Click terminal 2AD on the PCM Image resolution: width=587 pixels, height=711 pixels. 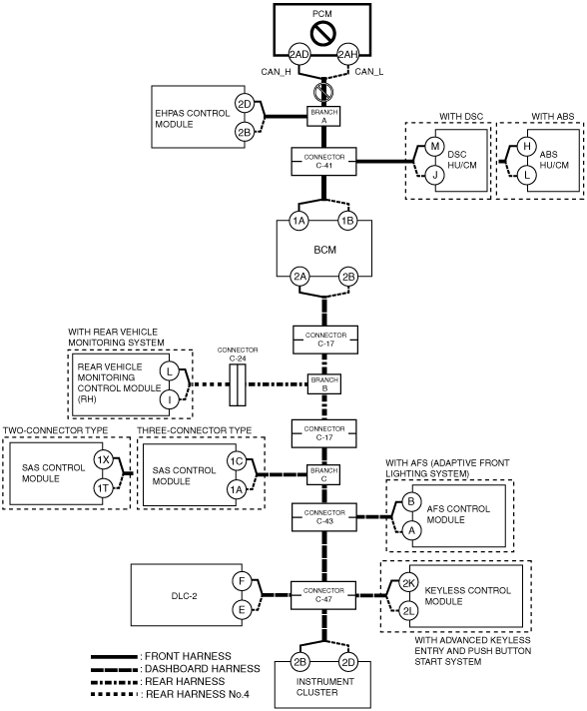pyautogui.click(x=299, y=55)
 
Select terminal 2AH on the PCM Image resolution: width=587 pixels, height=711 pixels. pyautogui.click(x=347, y=55)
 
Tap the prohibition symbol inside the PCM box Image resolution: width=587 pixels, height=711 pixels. pyautogui.click(x=322, y=33)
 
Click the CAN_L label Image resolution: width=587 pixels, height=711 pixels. pyautogui.click(x=369, y=72)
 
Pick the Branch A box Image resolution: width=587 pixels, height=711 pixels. pyautogui.click(x=324, y=116)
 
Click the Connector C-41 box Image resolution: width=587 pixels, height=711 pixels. pyautogui.click(x=323, y=161)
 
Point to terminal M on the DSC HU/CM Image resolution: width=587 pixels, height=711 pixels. pyautogui.click(x=434, y=147)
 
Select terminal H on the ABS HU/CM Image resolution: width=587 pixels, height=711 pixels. pyautogui.click(x=527, y=147)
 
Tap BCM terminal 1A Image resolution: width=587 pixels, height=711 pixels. pyautogui.click(x=298, y=221)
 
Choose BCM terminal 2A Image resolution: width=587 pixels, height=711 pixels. pyautogui.click(x=299, y=277)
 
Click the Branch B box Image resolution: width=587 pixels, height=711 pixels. pyautogui.click(x=324, y=384)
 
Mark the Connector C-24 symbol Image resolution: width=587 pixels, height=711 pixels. pyautogui.click(x=238, y=384)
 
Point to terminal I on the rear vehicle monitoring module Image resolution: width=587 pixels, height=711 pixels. pyautogui.click(x=170, y=399)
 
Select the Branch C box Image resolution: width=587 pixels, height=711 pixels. pyautogui.click(x=323, y=474)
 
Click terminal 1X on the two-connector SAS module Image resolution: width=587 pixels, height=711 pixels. pyautogui.click(x=104, y=459)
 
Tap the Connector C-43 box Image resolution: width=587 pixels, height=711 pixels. pyautogui.click(x=324, y=517)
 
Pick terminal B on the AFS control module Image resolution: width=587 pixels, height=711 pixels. pyautogui.click(x=411, y=501)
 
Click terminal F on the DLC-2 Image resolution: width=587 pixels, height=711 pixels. pyautogui.click(x=242, y=581)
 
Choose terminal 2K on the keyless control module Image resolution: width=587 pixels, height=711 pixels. pyautogui.click(x=408, y=583)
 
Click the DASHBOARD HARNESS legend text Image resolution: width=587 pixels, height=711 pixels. pyautogui.click(x=203, y=669)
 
